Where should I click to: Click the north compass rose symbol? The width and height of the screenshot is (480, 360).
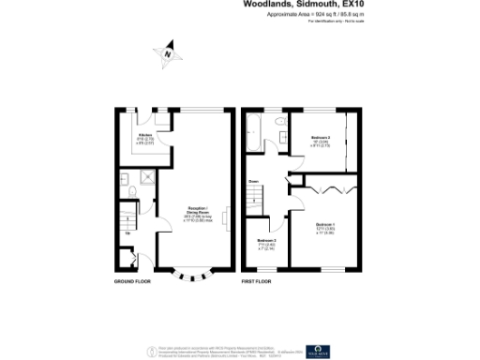click(x=167, y=54)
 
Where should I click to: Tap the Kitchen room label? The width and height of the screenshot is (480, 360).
click(x=146, y=139)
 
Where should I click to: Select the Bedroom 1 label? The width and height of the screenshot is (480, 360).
click(x=324, y=227)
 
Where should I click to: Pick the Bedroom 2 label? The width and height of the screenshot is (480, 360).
click(x=320, y=143)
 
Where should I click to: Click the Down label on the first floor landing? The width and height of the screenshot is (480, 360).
click(x=253, y=182)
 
